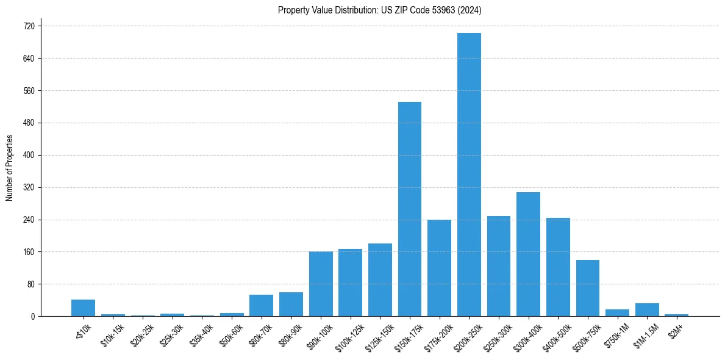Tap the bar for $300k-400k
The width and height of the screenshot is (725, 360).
(x=528, y=254)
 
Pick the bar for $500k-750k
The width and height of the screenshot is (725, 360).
(x=588, y=288)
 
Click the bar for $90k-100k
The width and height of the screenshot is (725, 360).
(x=321, y=284)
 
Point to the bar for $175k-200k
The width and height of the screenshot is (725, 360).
(x=439, y=268)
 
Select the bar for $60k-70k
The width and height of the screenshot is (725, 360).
(x=261, y=305)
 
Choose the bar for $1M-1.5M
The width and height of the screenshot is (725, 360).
(x=647, y=309)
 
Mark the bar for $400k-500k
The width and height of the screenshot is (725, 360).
(x=558, y=267)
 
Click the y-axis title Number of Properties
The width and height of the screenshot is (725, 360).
(x=9, y=168)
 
